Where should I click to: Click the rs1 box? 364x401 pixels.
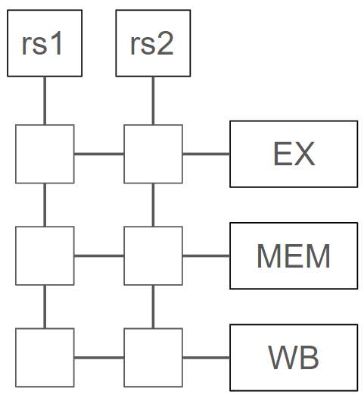point(45,43)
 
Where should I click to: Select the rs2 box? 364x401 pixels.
point(153,43)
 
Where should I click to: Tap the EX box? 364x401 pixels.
point(294,154)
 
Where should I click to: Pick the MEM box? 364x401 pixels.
point(294,255)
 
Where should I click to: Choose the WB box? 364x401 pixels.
point(294,358)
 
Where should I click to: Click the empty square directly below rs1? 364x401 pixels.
point(45,154)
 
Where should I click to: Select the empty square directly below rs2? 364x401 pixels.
point(153,154)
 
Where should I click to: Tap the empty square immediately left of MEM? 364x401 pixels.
point(153,255)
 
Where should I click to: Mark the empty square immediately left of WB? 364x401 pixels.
point(153,358)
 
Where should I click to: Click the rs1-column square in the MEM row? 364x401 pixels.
point(45,255)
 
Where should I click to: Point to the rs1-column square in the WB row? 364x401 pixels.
point(45,358)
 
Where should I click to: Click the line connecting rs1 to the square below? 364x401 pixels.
point(45,101)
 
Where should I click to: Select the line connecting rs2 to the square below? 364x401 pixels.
point(153,101)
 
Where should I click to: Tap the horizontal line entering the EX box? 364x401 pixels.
point(207,154)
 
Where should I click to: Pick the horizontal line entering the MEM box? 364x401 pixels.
point(207,255)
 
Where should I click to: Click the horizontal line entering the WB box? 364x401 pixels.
point(207,358)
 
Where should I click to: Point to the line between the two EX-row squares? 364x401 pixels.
point(99,154)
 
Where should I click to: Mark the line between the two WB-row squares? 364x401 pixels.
point(99,358)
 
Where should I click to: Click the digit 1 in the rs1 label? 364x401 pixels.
point(57,43)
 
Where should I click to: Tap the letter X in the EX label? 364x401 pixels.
point(304,154)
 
